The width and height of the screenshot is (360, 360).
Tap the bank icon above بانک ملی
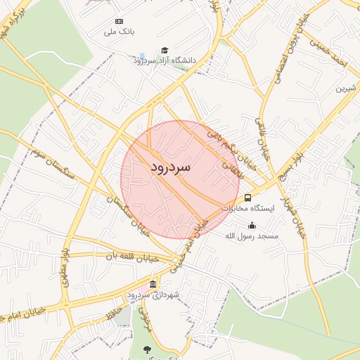118,22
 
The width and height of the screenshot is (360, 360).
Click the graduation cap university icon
165,51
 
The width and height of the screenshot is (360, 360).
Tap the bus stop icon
247,198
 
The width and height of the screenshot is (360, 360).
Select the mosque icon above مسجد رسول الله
252,226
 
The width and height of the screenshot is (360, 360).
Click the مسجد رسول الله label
252,236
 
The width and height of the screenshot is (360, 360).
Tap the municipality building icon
153,283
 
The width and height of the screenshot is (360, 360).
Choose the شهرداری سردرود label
153,294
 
